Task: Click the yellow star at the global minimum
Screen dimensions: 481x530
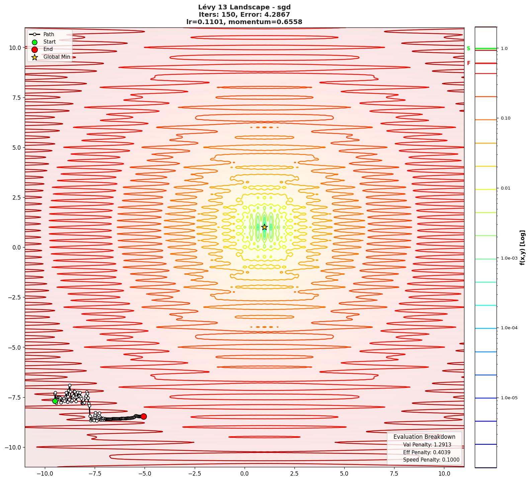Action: point(264,227)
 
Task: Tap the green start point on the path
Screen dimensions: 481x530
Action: point(55,401)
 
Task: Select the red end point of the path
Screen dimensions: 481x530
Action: point(144,416)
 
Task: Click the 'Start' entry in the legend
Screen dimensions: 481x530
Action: point(50,42)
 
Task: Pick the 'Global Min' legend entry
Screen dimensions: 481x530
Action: point(57,57)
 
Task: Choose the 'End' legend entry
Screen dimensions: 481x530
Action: point(48,49)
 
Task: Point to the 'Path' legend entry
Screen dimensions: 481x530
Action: point(49,34)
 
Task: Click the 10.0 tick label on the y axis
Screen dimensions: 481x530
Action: point(14,48)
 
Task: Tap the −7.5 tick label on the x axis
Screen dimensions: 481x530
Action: point(94,474)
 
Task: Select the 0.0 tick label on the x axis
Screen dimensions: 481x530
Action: point(244,474)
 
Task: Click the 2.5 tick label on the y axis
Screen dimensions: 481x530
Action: point(16,198)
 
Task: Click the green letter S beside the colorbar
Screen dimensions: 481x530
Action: point(468,49)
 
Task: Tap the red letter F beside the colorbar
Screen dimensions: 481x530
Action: point(469,63)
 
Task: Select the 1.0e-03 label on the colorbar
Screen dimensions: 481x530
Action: point(509,258)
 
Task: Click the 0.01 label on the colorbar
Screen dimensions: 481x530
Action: point(506,188)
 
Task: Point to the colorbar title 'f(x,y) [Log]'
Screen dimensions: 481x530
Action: point(522,248)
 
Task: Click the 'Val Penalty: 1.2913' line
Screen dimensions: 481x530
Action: point(427,445)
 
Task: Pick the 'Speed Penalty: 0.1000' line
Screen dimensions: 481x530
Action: point(431,460)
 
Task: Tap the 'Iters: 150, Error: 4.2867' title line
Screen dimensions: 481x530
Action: point(244,14)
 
